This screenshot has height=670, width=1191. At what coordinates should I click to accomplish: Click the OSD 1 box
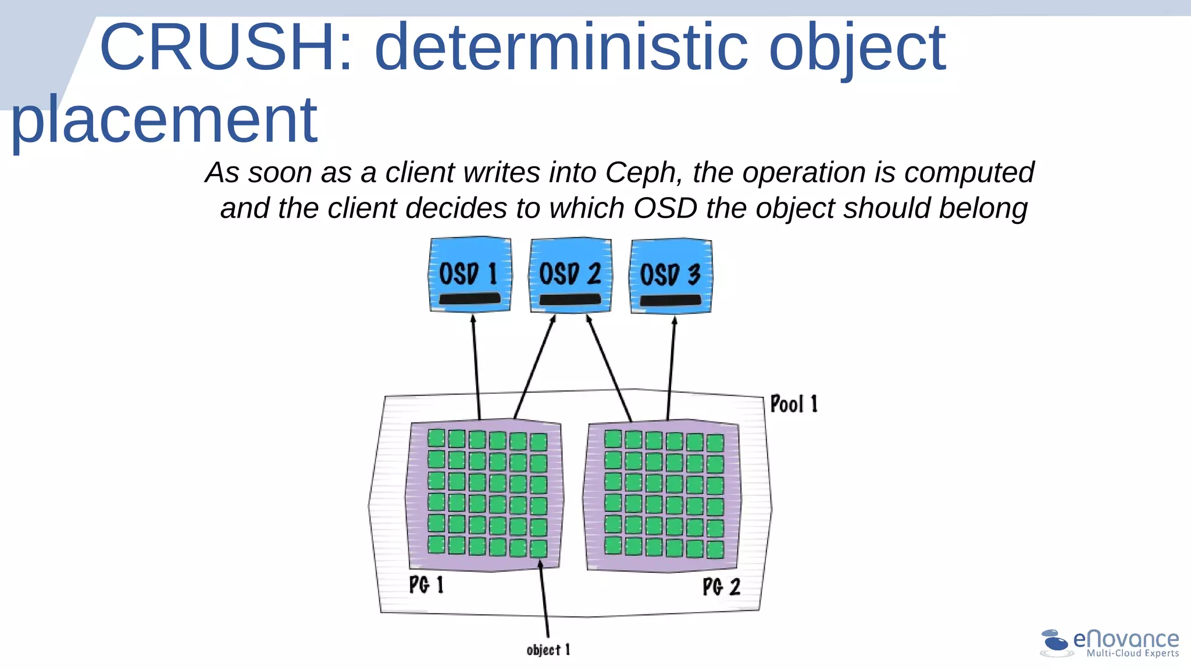[470, 275]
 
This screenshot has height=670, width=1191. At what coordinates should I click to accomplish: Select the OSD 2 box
[570, 275]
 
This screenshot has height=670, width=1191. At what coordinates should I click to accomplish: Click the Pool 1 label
[794, 404]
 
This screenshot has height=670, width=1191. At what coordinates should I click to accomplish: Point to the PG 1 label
[426, 585]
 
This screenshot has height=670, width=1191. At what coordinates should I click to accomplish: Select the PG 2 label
[721, 586]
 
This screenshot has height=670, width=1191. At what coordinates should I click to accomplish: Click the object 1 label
[548, 650]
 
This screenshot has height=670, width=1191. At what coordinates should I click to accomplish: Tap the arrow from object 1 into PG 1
[544, 599]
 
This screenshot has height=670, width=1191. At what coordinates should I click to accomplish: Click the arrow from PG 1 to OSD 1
[476, 366]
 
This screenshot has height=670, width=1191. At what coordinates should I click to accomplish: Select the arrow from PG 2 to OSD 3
[671, 366]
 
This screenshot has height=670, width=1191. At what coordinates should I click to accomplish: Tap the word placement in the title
[164, 121]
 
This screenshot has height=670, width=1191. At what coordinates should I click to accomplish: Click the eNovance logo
[1110, 643]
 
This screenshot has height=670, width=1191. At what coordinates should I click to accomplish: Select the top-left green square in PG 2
[613, 439]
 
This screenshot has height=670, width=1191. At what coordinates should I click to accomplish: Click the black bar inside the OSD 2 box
[570, 299]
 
